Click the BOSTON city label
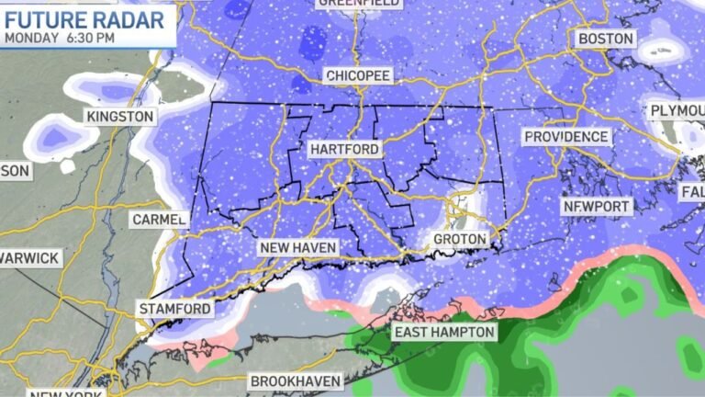605,39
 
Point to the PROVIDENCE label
566,137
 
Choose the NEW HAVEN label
297,248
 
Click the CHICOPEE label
358,74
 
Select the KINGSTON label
118,117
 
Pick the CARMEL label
159,220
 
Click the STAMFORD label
173,308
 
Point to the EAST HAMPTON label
444,332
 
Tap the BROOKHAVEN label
296,380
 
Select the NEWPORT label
598,207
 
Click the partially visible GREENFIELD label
359,4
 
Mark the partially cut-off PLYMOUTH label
677,111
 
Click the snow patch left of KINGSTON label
54,137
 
